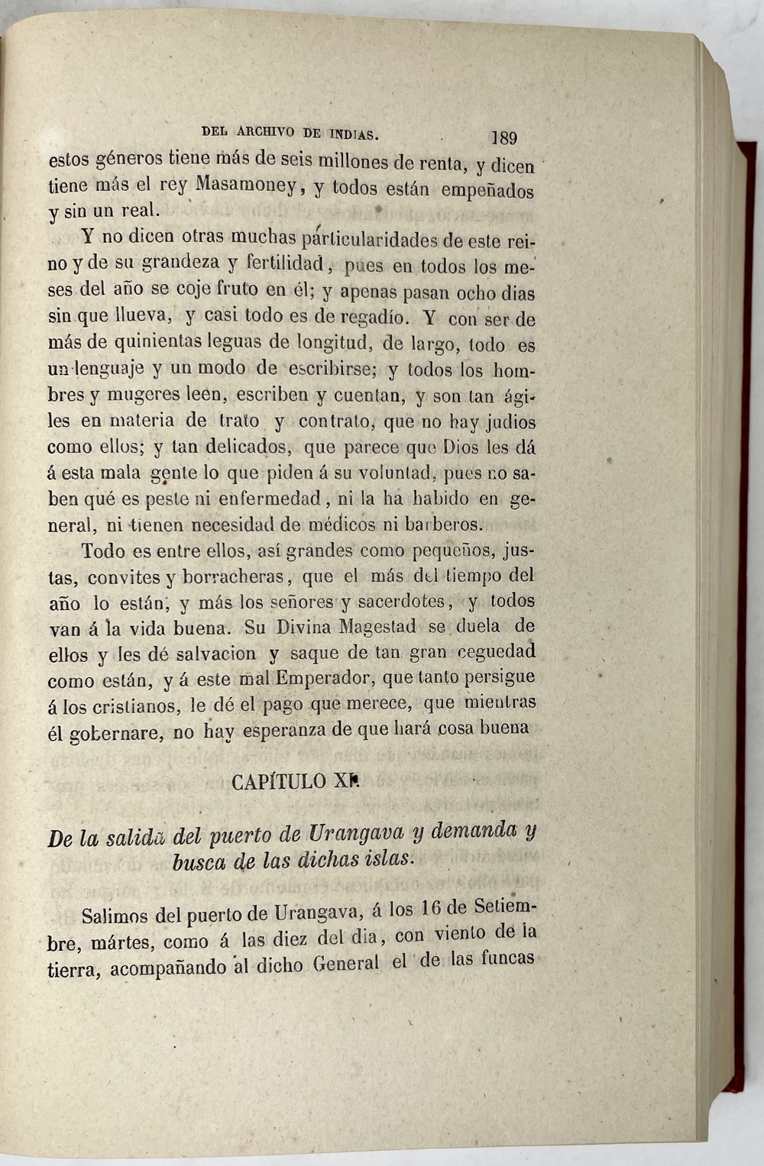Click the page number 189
coord(503,138)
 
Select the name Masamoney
coord(244,185)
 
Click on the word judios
coord(510,422)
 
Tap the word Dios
coord(462,447)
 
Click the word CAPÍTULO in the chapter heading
coord(278,781)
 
